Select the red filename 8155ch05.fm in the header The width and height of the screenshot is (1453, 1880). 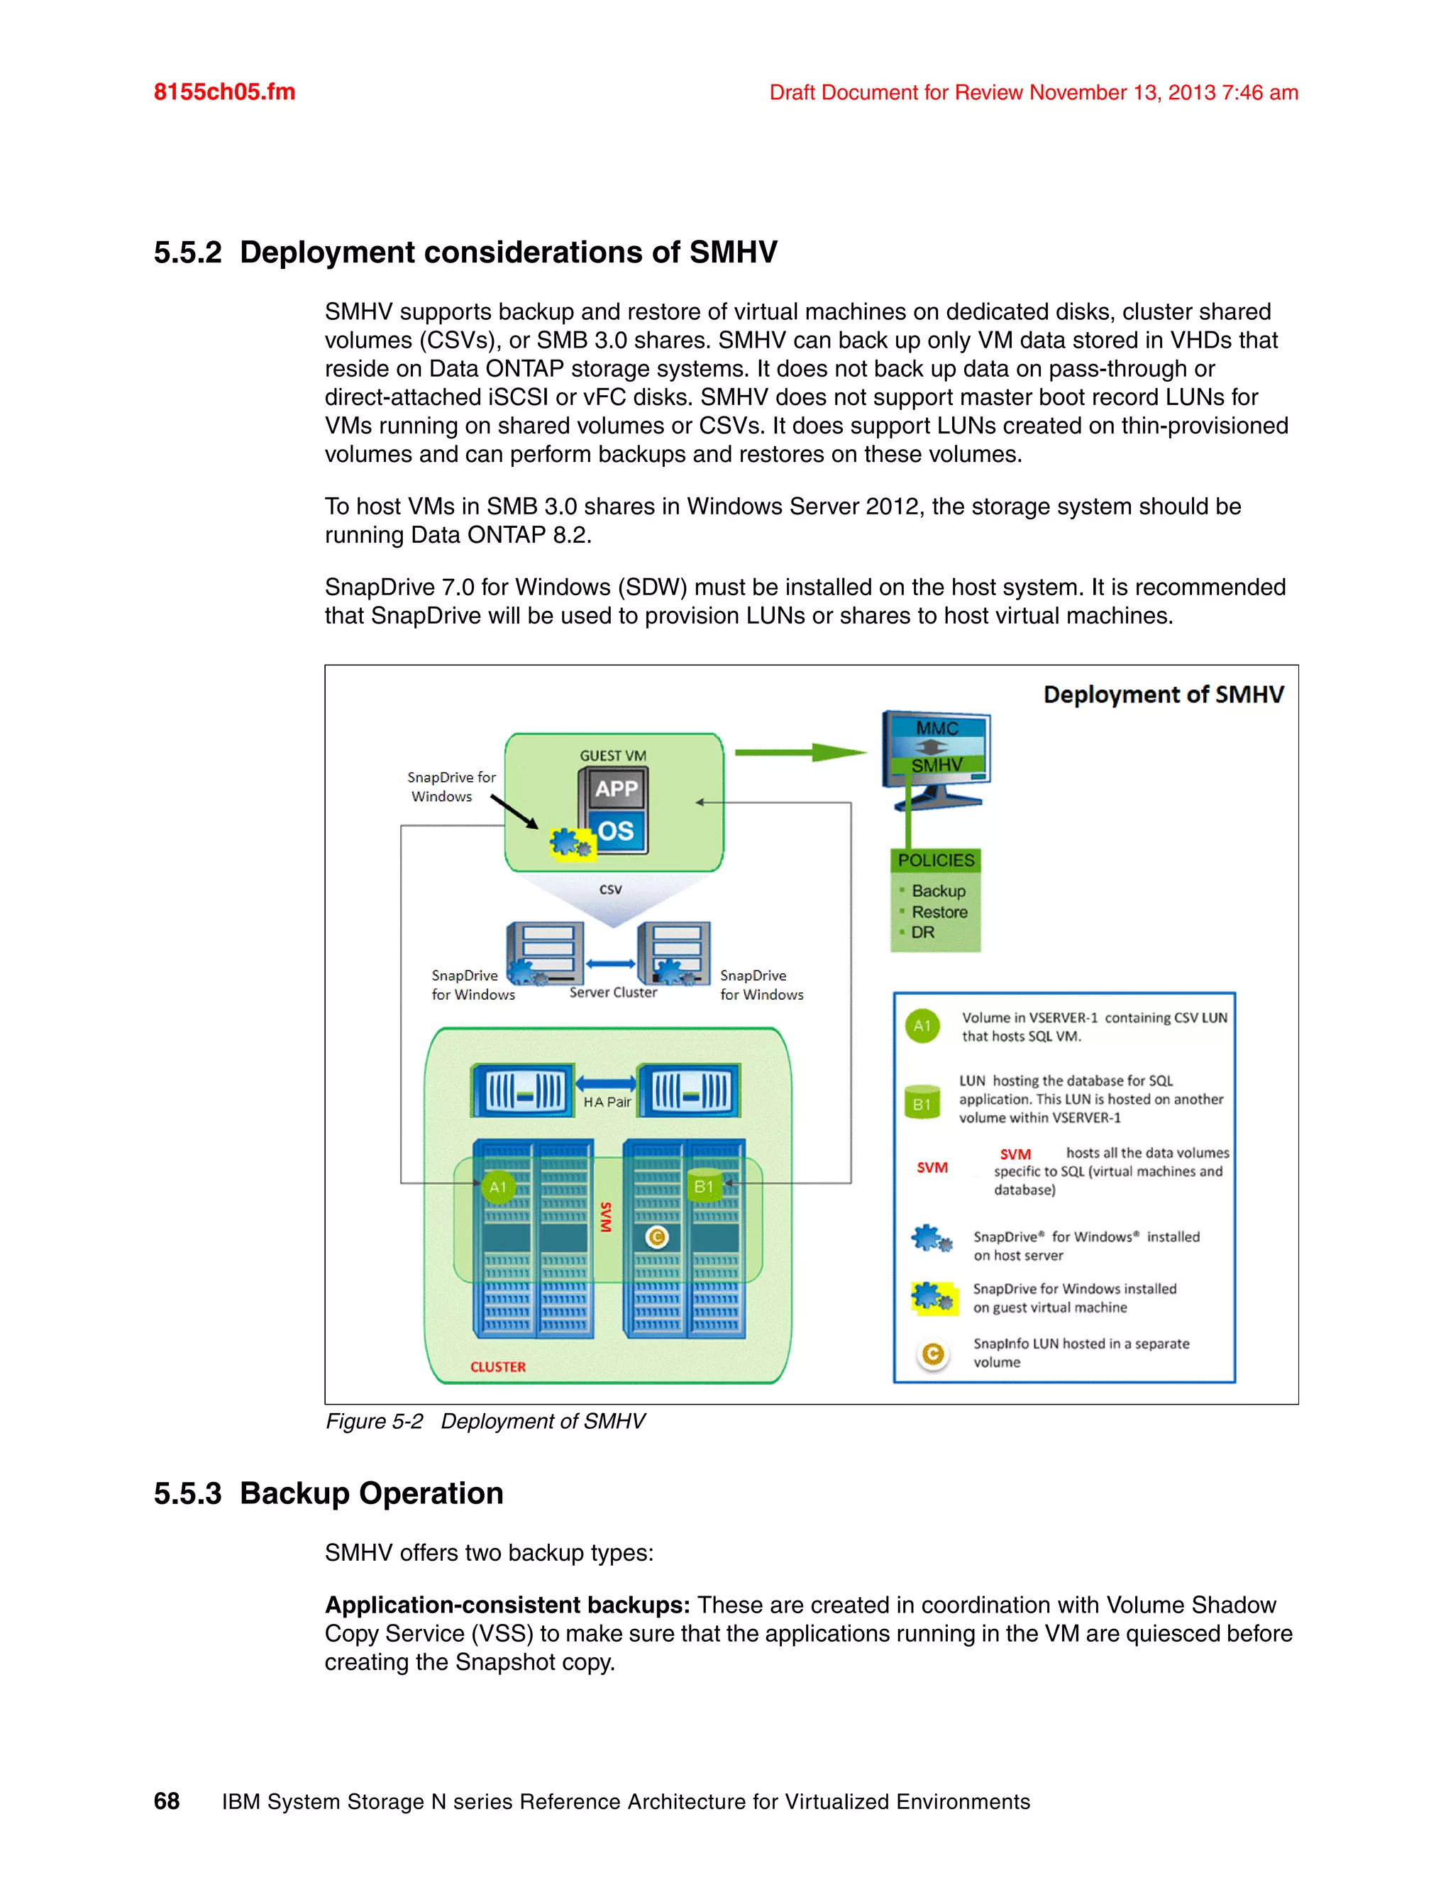(x=223, y=92)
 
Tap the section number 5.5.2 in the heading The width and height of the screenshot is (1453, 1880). (x=187, y=253)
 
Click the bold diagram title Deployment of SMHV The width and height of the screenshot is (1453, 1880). (x=1163, y=695)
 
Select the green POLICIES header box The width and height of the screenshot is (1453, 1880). (x=936, y=860)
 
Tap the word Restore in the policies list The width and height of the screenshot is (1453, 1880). (x=939, y=912)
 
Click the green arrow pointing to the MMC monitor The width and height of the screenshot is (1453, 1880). (x=800, y=753)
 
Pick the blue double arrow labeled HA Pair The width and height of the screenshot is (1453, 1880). (x=606, y=1084)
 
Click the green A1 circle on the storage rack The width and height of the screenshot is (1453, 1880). (x=497, y=1187)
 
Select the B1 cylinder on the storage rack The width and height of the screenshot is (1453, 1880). (x=704, y=1185)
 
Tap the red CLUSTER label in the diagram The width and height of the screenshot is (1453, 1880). (x=497, y=1367)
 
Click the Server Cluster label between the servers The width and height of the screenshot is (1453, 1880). (x=613, y=992)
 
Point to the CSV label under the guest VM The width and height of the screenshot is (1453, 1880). (x=610, y=889)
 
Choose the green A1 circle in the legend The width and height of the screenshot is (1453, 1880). (x=922, y=1025)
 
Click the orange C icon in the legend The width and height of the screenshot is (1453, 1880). (x=932, y=1354)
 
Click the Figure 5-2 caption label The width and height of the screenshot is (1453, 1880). (x=374, y=1421)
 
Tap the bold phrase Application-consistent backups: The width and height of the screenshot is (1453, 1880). (x=507, y=1605)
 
